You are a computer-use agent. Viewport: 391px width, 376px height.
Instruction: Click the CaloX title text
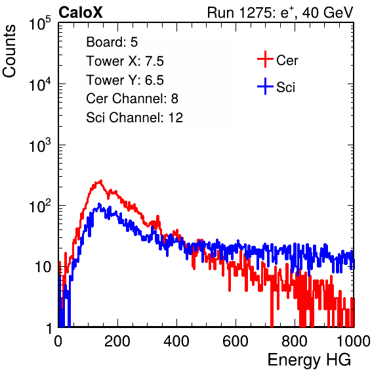pyautogui.click(x=81, y=12)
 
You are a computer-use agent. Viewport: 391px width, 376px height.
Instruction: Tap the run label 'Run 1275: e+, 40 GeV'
pyautogui.click(x=280, y=12)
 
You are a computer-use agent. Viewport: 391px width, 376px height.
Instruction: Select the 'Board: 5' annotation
pyautogui.click(x=112, y=42)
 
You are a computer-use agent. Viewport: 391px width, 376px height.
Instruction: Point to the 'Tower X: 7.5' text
pyautogui.click(x=125, y=61)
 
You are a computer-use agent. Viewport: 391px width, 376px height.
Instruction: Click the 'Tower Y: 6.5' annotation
pyautogui.click(x=125, y=80)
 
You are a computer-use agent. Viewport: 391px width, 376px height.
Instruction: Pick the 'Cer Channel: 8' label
pyautogui.click(x=132, y=99)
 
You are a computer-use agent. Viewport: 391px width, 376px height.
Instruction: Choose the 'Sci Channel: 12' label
pyautogui.click(x=134, y=118)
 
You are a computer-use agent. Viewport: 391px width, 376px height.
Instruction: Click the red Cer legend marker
pyautogui.click(x=265, y=59)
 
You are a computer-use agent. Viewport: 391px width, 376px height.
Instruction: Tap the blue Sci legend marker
pyautogui.click(x=265, y=87)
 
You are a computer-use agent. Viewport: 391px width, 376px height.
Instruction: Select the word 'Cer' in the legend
pyautogui.click(x=287, y=60)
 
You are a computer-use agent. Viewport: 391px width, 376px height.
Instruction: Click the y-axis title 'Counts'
pyautogui.click(x=9, y=51)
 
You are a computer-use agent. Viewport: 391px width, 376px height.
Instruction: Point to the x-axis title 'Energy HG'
pyautogui.click(x=309, y=360)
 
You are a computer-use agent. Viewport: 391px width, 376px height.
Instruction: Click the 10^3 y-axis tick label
pyautogui.click(x=40, y=145)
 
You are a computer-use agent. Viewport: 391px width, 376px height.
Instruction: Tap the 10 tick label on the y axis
pyautogui.click(x=43, y=267)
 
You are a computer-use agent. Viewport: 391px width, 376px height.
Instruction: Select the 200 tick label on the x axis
pyautogui.click(x=117, y=341)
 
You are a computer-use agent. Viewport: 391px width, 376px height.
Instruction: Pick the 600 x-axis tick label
pyautogui.click(x=236, y=341)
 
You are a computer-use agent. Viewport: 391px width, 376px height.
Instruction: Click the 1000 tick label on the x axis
pyautogui.click(x=354, y=341)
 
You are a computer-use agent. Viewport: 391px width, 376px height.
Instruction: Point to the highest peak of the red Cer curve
pyautogui.click(x=101, y=181)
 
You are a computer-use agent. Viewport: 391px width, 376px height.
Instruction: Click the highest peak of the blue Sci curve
pyautogui.click(x=99, y=204)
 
